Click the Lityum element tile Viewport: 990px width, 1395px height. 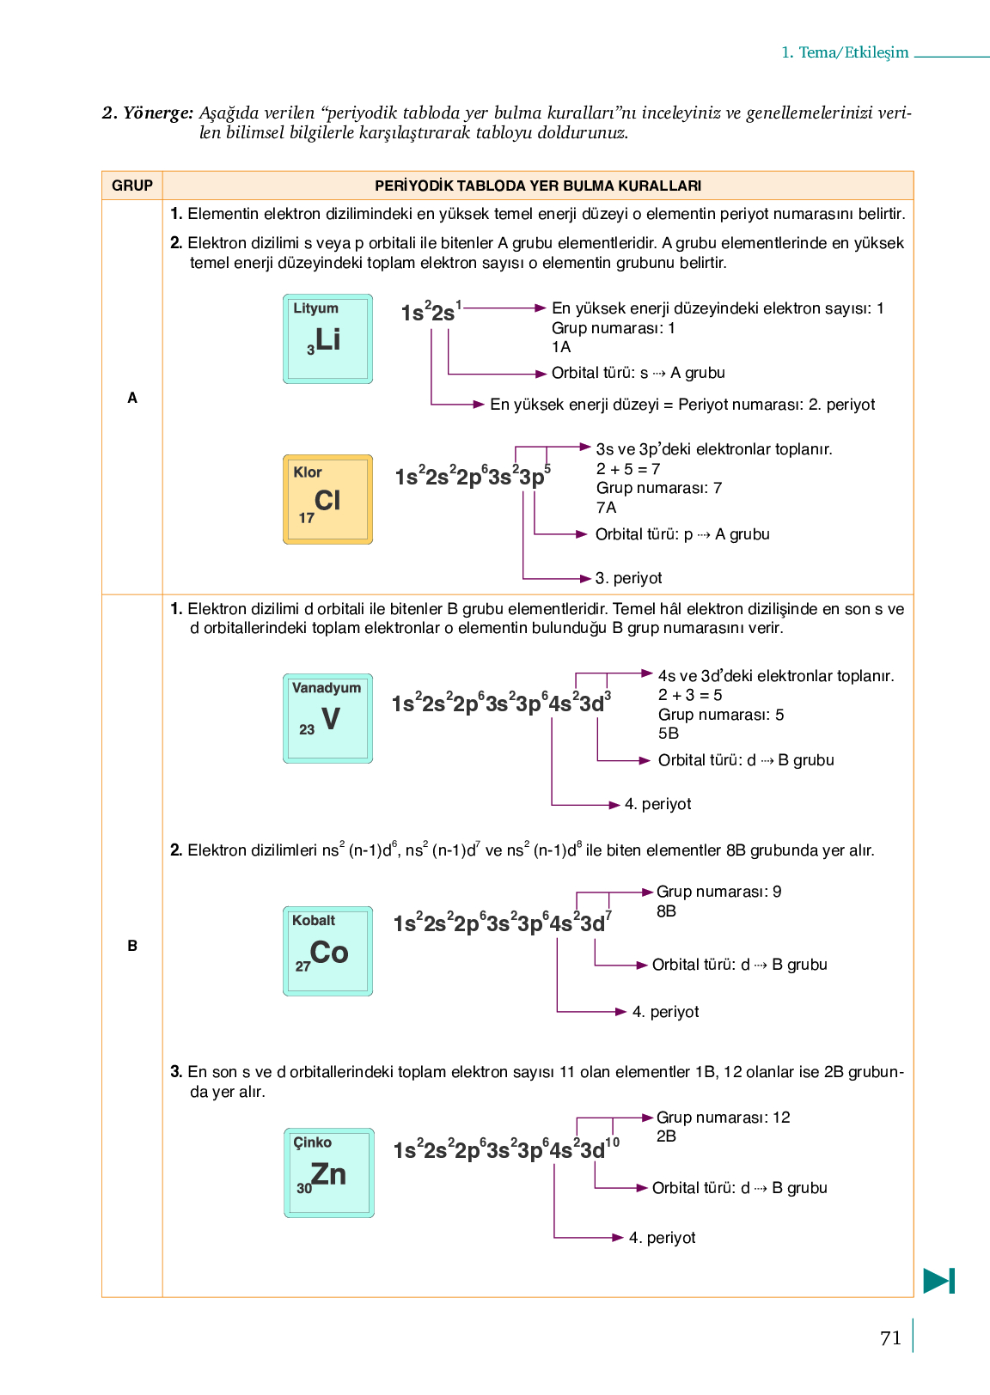[x=327, y=338]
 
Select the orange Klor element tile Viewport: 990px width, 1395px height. [x=327, y=499]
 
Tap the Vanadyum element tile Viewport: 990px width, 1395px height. [x=327, y=718]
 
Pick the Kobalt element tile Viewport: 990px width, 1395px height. [x=327, y=951]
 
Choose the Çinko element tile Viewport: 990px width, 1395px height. [x=328, y=1173]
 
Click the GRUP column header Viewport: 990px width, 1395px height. [x=132, y=186]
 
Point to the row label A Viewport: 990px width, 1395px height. [x=132, y=398]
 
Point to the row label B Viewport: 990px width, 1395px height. [x=132, y=946]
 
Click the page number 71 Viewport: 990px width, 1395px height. [x=891, y=1337]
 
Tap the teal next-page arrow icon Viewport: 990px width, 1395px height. [x=939, y=1281]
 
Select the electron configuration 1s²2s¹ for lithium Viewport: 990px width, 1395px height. [x=431, y=312]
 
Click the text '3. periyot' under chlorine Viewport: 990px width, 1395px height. [x=628, y=578]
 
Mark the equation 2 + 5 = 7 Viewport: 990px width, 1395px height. [x=628, y=469]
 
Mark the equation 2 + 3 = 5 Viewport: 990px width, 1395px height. [x=690, y=695]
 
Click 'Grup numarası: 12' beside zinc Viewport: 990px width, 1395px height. [x=723, y=1118]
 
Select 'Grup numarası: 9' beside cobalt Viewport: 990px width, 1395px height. [x=718, y=892]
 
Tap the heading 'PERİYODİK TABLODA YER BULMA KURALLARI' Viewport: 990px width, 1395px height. [x=538, y=186]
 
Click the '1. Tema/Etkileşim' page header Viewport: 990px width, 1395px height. [x=845, y=52]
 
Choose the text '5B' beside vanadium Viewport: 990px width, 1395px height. [x=669, y=734]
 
